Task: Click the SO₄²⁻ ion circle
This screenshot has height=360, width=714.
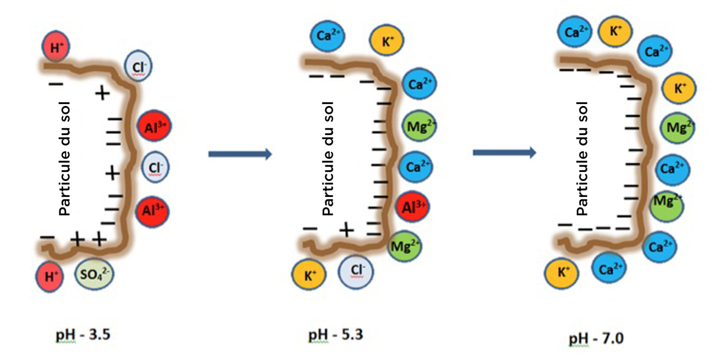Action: (x=94, y=274)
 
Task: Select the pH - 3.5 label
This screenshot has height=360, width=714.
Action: (x=83, y=335)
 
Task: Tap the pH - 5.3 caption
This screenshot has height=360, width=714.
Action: (x=336, y=335)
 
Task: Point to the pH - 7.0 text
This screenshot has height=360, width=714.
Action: (x=596, y=339)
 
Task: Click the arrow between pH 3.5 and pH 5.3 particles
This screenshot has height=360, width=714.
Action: (x=240, y=154)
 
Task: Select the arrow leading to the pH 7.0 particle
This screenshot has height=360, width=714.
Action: (x=505, y=153)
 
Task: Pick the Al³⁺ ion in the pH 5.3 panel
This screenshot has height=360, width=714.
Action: (x=412, y=206)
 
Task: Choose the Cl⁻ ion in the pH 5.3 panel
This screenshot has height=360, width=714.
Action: (x=356, y=272)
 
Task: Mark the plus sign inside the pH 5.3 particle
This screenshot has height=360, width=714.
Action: (x=346, y=230)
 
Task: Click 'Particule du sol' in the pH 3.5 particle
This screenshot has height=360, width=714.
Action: (x=65, y=159)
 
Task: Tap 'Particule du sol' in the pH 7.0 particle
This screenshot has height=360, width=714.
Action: (x=582, y=159)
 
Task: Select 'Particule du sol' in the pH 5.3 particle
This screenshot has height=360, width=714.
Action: (x=328, y=159)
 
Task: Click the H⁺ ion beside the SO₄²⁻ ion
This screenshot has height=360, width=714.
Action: (x=49, y=277)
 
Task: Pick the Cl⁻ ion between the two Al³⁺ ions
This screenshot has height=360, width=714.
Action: (x=155, y=167)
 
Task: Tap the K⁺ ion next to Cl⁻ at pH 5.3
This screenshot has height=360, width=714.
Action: (x=309, y=275)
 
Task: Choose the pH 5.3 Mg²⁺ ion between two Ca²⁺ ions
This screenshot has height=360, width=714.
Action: (x=419, y=127)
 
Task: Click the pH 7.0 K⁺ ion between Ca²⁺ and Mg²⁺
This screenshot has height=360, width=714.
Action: (x=679, y=88)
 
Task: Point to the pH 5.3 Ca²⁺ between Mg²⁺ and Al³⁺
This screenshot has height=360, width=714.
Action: (x=416, y=167)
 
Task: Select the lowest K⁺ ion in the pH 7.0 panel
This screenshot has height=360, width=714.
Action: (x=561, y=273)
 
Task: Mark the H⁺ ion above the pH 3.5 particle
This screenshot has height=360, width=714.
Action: (x=56, y=46)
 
